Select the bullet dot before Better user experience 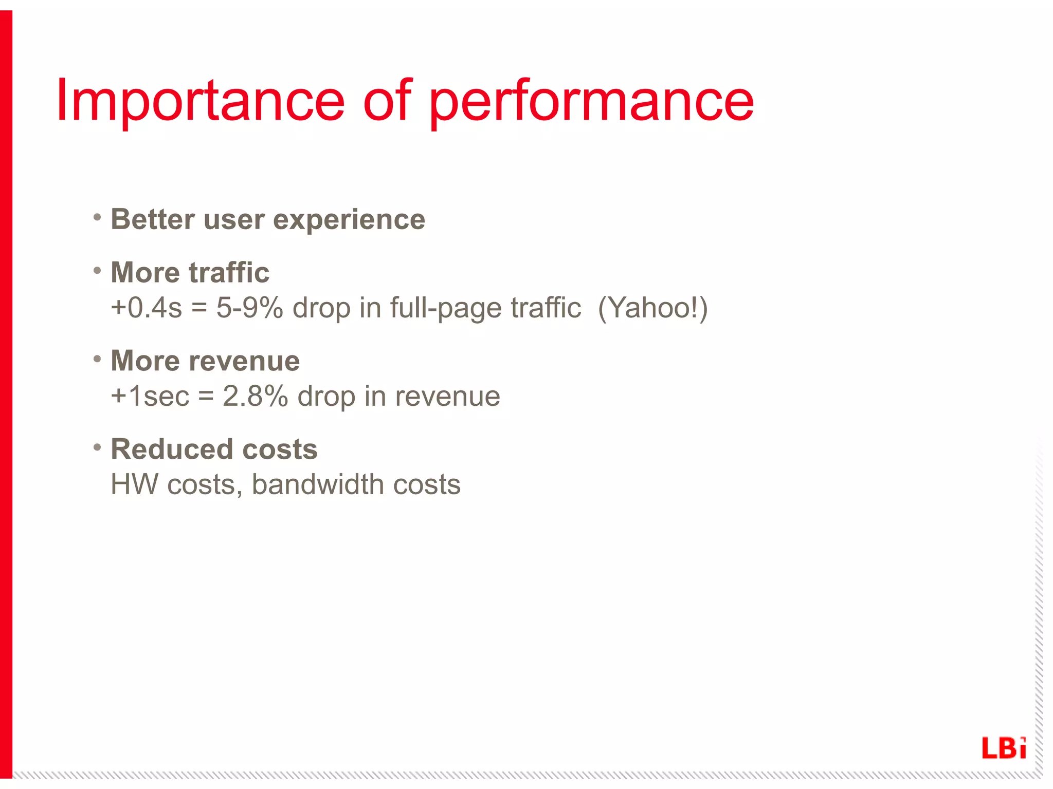pyautogui.click(x=97, y=217)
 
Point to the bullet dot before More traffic pyautogui.click(x=97, y=270)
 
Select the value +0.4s pyautogui.click(x=146, y=308)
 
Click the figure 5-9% pyautogui.click(x=249, y=308)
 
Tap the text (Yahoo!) pyautogui.click(x=652, y=308)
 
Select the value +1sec pyautogui.click(x=150, y=396)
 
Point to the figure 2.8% pyautogui.click(x=255, y=396)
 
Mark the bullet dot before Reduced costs pyautogui.click(x=97, y=447)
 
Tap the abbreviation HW pyautogui.click(x=134, y=484)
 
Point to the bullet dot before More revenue pyautogui.click(x=97, y=359)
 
